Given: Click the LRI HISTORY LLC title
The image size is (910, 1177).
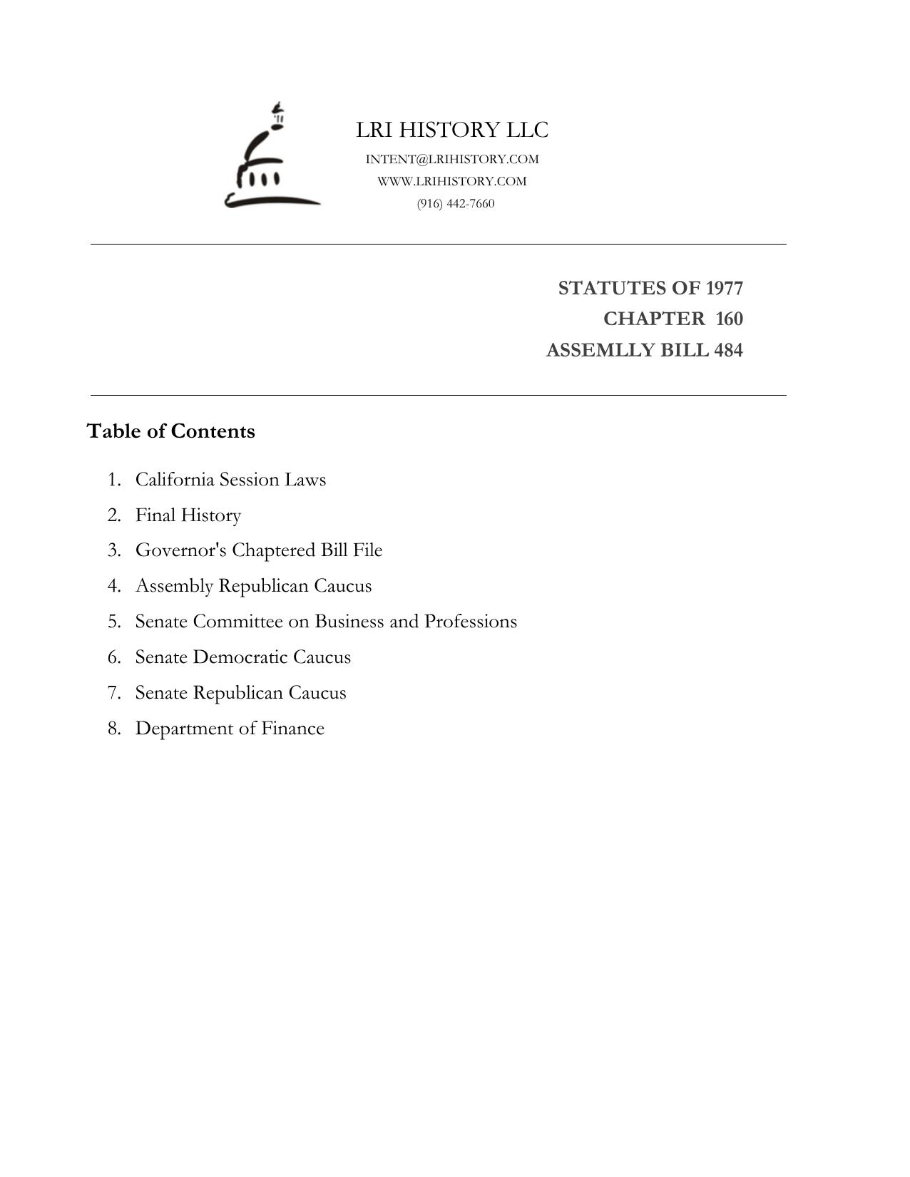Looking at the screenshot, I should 452,130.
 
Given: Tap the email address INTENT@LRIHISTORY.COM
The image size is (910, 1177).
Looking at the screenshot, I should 452,159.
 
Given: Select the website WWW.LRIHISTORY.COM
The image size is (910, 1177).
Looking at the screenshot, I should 452,181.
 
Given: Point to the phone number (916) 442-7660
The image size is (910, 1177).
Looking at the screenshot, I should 456,203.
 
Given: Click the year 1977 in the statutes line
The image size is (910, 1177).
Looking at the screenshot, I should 724,288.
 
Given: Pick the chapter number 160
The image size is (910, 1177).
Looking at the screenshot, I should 729,319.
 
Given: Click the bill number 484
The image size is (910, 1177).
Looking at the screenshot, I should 728,350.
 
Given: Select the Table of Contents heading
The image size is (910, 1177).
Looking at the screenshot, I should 170,431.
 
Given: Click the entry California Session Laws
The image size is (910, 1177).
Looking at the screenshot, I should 230,479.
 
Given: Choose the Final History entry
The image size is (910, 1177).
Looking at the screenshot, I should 188,515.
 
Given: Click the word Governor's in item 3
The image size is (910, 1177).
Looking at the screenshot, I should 180,550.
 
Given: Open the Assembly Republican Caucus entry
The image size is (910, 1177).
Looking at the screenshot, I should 253,586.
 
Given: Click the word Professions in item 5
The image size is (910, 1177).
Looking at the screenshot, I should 471,622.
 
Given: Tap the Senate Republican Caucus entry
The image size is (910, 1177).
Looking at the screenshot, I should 240,693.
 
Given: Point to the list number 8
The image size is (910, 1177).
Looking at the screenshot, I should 114,729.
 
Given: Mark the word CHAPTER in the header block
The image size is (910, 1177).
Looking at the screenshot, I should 653,319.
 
